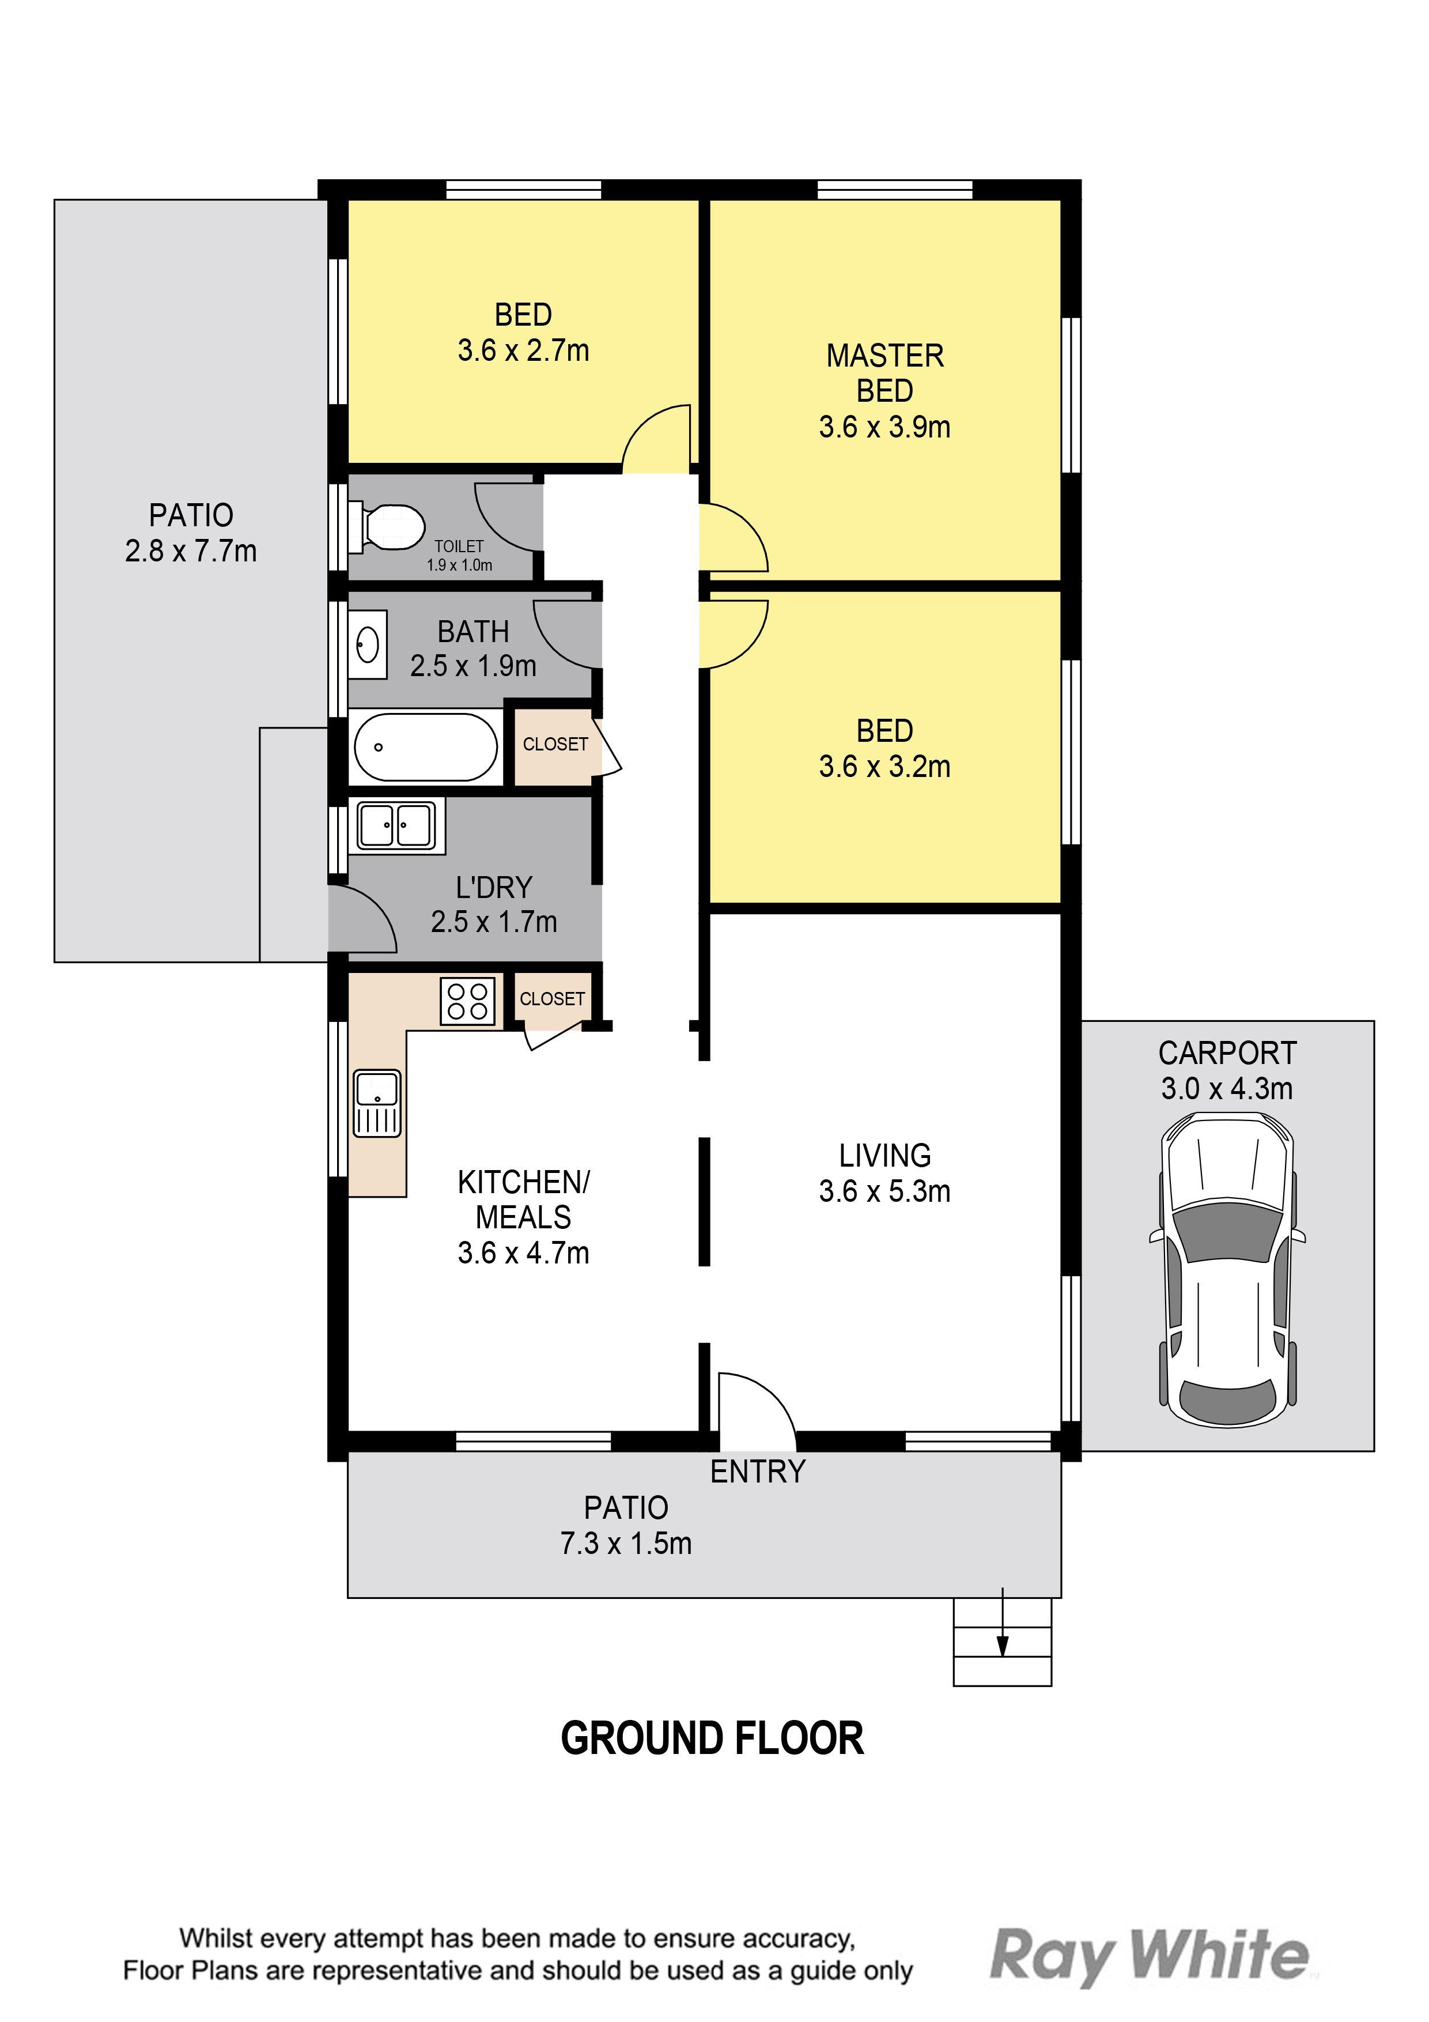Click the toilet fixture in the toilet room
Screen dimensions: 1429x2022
tap(385, 527)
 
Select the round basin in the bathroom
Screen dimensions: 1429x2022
tap(367, 644)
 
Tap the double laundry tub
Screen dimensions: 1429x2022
tap(396, 826)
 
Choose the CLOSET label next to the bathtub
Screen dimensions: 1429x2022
tap(555, 744)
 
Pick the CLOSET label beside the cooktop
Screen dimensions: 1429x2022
tap(552, 999)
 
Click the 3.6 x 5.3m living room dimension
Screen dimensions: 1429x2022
tap(885, 1191)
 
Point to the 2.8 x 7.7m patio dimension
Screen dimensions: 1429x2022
tap(191, 550)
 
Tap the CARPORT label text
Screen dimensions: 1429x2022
tap(1227, 1053)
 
